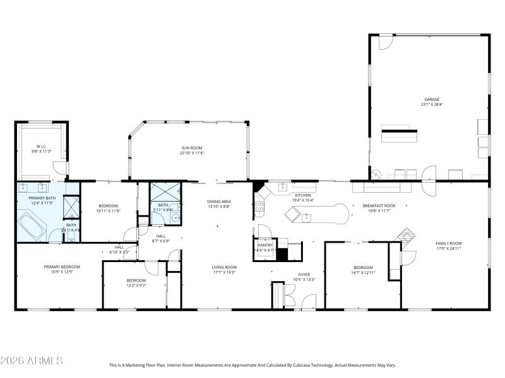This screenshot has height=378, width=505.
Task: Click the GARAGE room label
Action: [431, 99]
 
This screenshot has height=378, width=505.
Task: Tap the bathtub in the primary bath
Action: [30, 222]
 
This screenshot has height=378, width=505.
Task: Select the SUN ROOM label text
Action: [191, 147]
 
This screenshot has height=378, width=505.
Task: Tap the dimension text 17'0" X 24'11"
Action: [449, 248]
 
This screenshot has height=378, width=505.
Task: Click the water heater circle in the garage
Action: [376, 174]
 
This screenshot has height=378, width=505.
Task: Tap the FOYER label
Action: [304, 274]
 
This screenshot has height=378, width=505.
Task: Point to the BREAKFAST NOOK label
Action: [378, 206]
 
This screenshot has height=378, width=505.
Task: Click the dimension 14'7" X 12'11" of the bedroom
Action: [363, 272]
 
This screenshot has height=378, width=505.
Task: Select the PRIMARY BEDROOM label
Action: [62, 266]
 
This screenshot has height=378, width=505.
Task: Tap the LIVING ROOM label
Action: [224, 267]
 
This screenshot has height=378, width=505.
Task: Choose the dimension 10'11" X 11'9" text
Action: [108, 211]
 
